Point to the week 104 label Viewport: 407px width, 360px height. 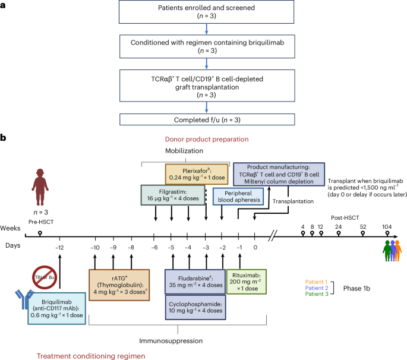388,226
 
